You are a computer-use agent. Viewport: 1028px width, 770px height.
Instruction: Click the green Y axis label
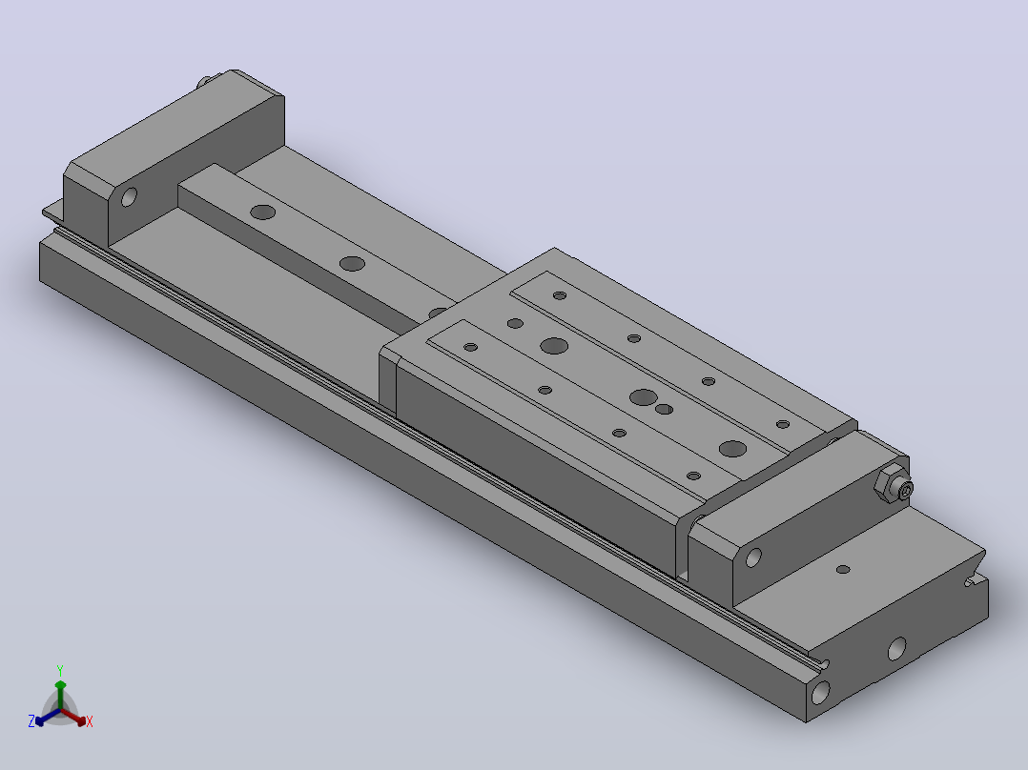tap(60, 670)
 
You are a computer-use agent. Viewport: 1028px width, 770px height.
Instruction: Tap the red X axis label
tap(90, 721)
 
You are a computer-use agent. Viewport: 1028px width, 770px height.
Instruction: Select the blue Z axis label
tap(31, 720)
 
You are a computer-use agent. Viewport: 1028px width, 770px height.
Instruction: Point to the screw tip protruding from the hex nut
tap(906, 490)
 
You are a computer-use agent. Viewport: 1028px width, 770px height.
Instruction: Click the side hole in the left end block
tap(129, 196)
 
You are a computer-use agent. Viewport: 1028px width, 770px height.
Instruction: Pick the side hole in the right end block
tap(753, 557)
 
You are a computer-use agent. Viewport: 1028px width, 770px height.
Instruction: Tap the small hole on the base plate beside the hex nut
tap(843, 570)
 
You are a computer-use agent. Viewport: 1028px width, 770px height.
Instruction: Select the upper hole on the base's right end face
tap(896, 648)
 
